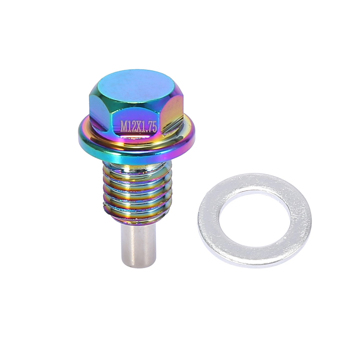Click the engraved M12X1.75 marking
coord(139,127)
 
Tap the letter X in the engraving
coord(139,127)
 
